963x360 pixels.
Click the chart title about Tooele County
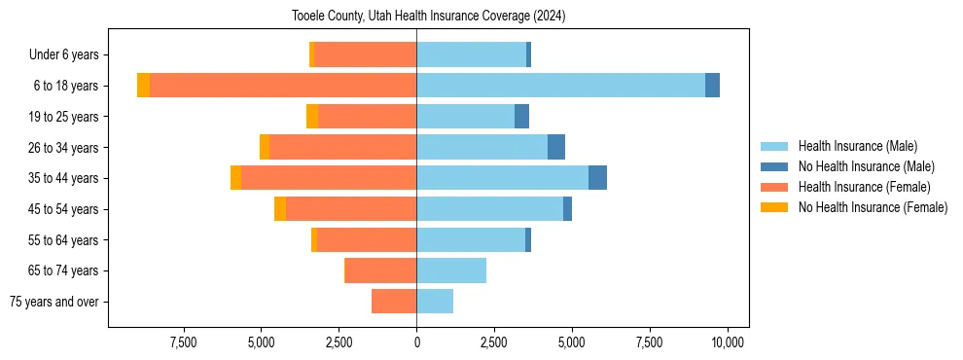(428, 17)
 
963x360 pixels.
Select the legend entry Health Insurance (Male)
(857, 146)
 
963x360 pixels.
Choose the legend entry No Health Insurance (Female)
(872, 207)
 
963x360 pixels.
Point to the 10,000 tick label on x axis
(728, 342)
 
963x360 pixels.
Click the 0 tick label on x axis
(416, 342)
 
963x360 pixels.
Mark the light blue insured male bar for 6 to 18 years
(560, 85)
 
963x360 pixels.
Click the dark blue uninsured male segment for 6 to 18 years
(712, 85)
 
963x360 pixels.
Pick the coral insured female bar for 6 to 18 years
(283, 85)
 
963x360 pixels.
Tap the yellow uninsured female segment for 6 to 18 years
(143, 85)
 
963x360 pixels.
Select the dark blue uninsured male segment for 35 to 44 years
(597, 178)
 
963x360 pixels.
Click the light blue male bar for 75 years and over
(435, 302)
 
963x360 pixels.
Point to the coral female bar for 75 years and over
(394, 302)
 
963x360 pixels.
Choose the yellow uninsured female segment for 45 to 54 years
(280, 209)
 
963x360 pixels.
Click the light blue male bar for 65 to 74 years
(451, 270)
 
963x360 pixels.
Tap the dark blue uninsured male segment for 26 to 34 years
(555, 147)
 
